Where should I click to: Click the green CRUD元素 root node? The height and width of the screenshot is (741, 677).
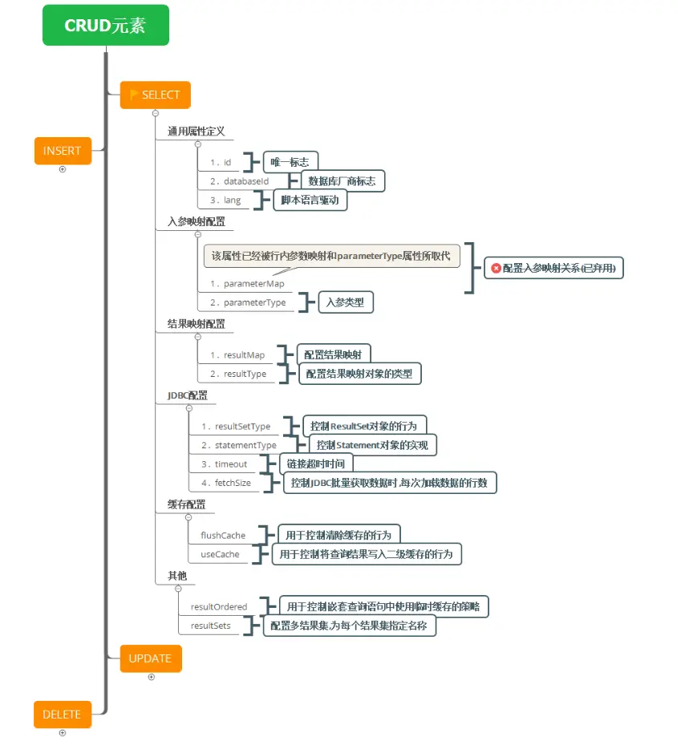click(106, 25)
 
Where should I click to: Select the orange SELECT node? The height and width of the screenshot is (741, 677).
click(156, 95)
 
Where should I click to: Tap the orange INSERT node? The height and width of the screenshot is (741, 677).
click(63, 151)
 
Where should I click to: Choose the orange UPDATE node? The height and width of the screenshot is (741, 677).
click(151, 658)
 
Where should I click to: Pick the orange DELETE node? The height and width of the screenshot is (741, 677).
click(63, 715)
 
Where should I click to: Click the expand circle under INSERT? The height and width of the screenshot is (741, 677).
click(63, 169)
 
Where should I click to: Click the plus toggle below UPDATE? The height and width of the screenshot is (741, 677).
click(152, 677)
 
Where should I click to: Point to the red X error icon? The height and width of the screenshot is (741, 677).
click(496, 268)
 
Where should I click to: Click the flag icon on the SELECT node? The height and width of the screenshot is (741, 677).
click(134, 95)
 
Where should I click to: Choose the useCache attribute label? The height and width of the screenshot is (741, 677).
click(220, 554)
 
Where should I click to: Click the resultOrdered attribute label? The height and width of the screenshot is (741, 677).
click(219, 606)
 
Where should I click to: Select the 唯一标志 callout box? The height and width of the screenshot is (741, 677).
click(290, 162)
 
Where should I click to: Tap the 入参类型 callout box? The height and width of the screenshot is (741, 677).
click(346, 302)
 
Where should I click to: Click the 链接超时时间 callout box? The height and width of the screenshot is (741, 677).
click(316, 464)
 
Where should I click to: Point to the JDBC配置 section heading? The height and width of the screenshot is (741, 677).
click(187, 395)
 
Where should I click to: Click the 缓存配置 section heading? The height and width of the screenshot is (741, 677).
click(186, 504)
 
